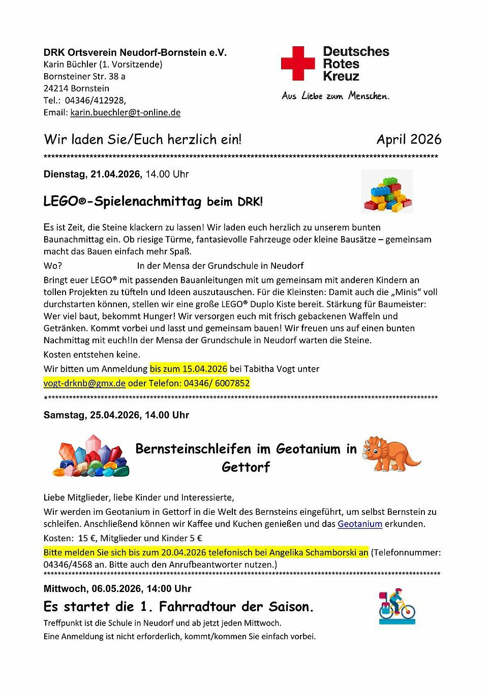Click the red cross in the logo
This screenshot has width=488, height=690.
[x=298, y=63]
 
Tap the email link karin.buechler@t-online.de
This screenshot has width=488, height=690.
[x=125, y=113]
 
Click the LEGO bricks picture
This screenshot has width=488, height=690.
[x=387, y=192]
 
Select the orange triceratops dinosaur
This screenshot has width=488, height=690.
[x=390, y=453]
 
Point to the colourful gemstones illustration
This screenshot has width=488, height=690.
[x=91, y=456]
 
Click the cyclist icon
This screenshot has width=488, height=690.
[x=397, y=607]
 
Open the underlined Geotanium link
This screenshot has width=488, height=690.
[x=359, y=524]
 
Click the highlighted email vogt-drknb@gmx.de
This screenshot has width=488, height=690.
[x=84, y=383]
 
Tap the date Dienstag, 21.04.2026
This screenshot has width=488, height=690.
[x=92, y=174]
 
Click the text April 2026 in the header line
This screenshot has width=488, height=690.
[x=409, y=140]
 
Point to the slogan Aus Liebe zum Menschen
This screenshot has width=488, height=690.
[x=335, y=96]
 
